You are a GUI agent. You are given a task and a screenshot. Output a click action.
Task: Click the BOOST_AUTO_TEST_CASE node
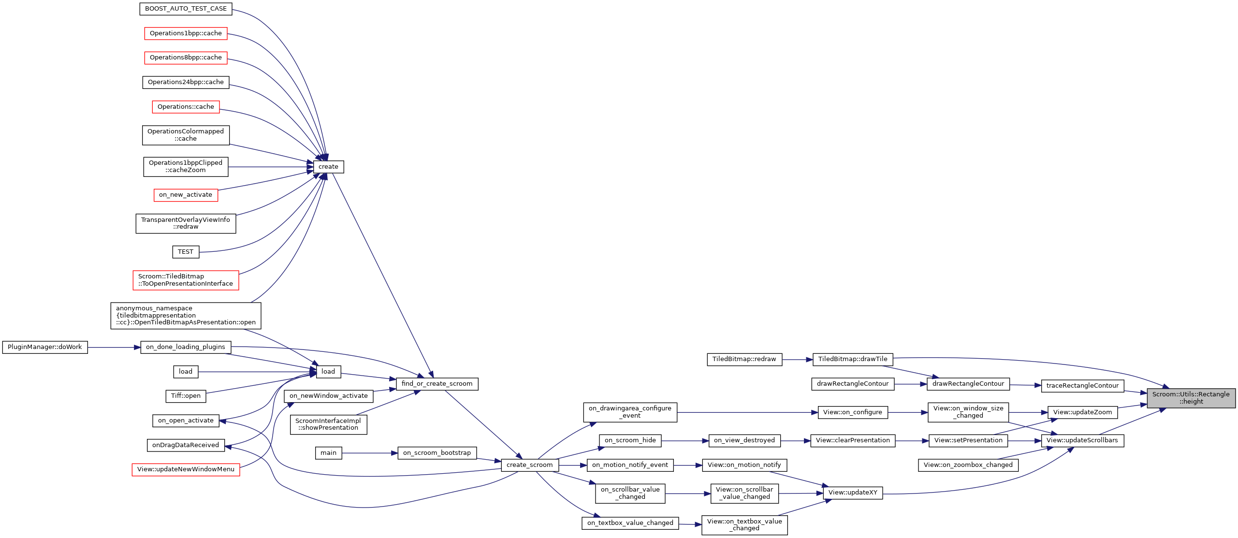coord(186,9)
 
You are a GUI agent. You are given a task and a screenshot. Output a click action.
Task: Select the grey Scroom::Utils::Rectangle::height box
coord(1191,398)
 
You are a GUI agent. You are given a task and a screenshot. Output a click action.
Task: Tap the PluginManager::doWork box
coord(45,347)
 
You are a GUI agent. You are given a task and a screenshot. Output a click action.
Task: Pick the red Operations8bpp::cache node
coord(186,58)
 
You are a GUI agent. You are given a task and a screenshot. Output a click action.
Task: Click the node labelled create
coord(328,167)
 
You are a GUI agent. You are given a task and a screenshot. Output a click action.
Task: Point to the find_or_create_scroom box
coord(437,384)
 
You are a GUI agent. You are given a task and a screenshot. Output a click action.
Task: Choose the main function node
coord(328,453)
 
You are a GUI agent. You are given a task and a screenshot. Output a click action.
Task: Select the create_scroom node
coord(529,465)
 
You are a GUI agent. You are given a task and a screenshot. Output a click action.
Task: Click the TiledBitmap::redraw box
coord(744,359)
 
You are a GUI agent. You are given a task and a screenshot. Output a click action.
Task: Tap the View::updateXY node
coord(853,493)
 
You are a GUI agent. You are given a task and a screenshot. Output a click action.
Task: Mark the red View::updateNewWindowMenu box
coord(186,469)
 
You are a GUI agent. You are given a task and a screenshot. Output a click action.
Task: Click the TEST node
coord(185,252)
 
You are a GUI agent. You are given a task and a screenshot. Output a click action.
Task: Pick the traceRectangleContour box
coord(1082,386)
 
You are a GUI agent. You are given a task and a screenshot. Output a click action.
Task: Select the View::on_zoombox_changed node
coord(968,465)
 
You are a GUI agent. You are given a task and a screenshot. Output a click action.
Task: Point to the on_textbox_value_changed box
coord(630,523)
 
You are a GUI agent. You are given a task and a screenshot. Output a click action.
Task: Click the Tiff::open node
coord(186,396)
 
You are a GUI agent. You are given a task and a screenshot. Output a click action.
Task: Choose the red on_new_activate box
coord(186,195)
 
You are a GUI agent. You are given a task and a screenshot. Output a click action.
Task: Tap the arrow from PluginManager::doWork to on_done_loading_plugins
coord(114,347)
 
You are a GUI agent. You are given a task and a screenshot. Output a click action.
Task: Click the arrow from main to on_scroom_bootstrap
coord(369,453)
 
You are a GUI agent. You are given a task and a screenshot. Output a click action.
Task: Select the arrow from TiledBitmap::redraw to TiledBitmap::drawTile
coord(797,360)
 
